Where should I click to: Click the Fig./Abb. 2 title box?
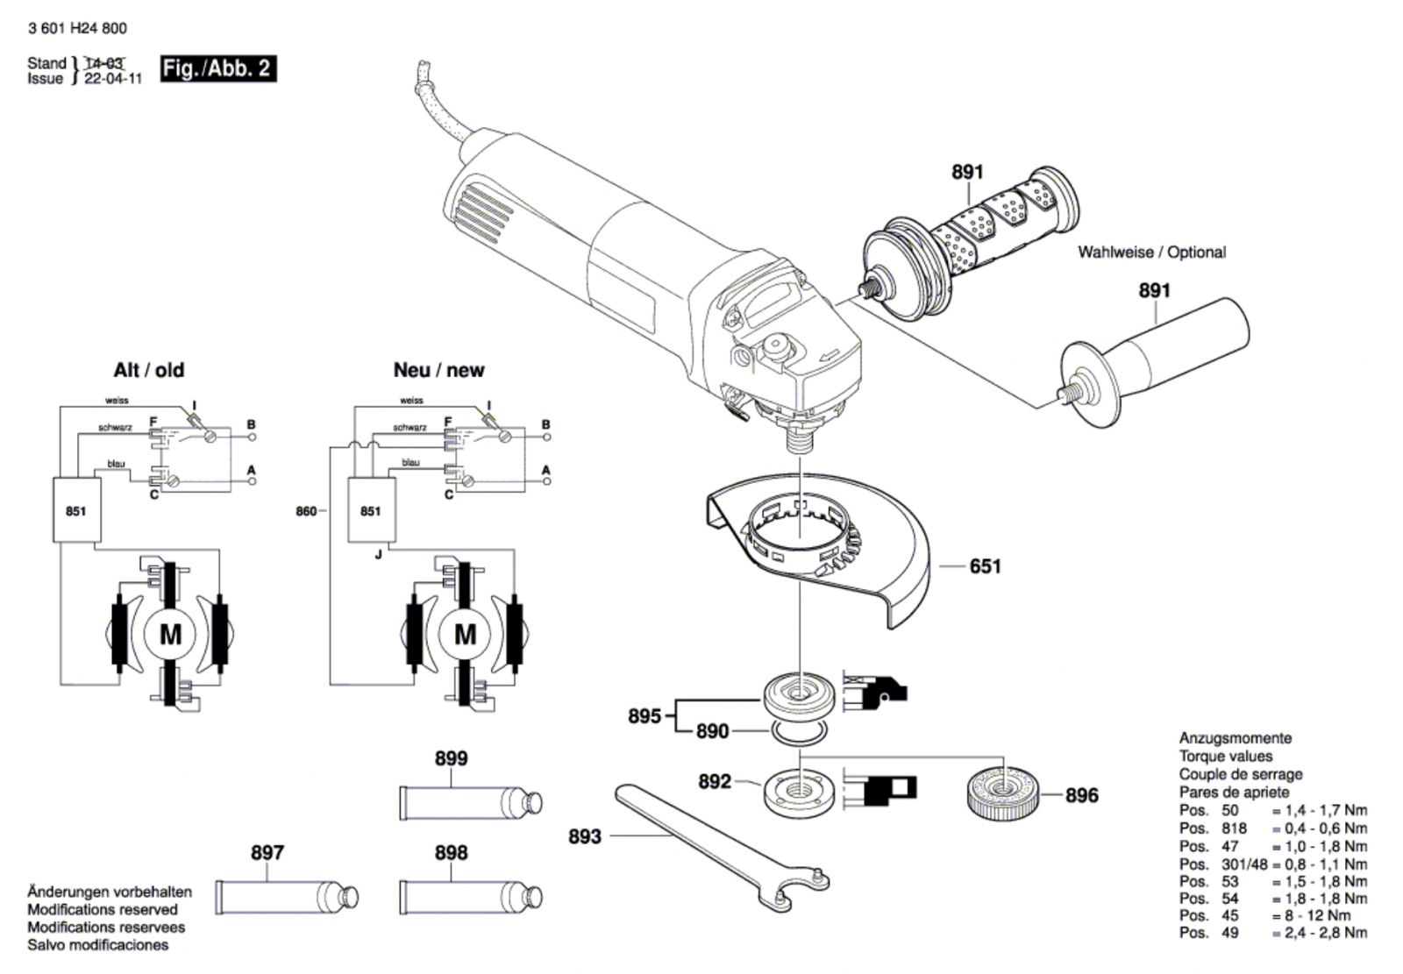click(x=218, y=68)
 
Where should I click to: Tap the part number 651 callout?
click(x=986, y=566)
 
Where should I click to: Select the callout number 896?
click(x=1082, y=795)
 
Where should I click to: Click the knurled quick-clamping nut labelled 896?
click(x=1003, y=795)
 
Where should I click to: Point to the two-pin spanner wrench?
click(x=720, y=846)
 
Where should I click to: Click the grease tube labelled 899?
click(x=471, y=802)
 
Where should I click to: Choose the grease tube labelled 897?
click(x=287, y=897)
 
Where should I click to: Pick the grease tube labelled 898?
click(x=471, y=897)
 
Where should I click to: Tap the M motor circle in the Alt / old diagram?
click(x=170, y=635)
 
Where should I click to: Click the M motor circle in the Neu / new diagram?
click(x=465, y=635)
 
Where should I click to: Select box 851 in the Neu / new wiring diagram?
click(x=372, y=510)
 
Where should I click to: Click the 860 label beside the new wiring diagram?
click(x=306, y=512)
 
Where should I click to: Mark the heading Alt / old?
click(x=148, y=370)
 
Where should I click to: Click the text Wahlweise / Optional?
click(x=1151, y=252)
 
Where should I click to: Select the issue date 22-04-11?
click(x=113, y=79)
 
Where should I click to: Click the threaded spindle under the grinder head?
click(x=800, y=439)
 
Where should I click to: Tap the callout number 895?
click(x=645, y=716)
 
